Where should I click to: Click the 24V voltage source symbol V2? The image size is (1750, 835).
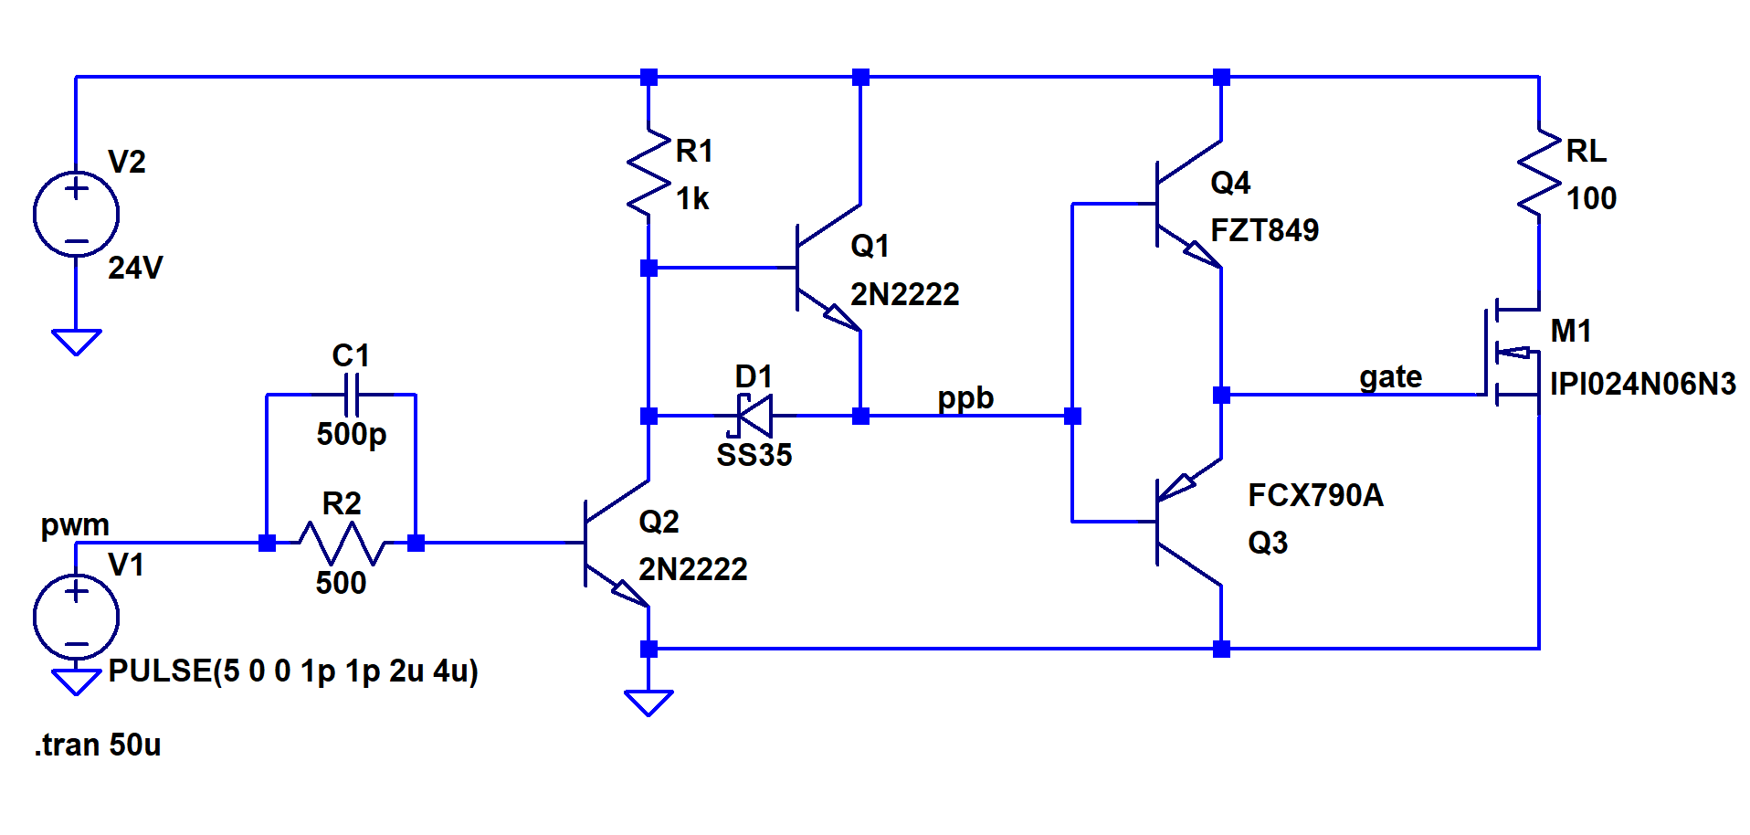point(76,214)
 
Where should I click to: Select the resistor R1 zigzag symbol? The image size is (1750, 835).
point(648,174)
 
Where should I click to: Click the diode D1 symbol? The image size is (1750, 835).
point(754,416)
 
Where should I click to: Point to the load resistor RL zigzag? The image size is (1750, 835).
point(1539,174)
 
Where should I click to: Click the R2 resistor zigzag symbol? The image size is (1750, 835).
point(341,543)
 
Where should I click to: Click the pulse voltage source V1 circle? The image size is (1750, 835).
point(76,617)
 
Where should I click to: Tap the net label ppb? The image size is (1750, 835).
point(965,399)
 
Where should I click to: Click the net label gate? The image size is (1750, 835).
point(1390,377)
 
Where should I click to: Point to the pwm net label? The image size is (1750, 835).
point(75,525)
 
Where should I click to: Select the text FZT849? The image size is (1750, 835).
point(1264,230)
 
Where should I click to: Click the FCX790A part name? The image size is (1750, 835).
point(1315,495)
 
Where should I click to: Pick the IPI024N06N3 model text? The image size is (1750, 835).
point(1642,384)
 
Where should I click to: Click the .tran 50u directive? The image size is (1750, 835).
point(98,745)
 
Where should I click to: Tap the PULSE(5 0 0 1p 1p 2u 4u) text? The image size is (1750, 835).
point(293,671)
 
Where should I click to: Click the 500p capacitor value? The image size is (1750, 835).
point(352,433)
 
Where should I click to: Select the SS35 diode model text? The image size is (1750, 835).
point(754,455)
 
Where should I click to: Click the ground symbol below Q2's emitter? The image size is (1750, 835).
point(648,702)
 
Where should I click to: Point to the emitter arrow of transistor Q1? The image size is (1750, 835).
point(839,316)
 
